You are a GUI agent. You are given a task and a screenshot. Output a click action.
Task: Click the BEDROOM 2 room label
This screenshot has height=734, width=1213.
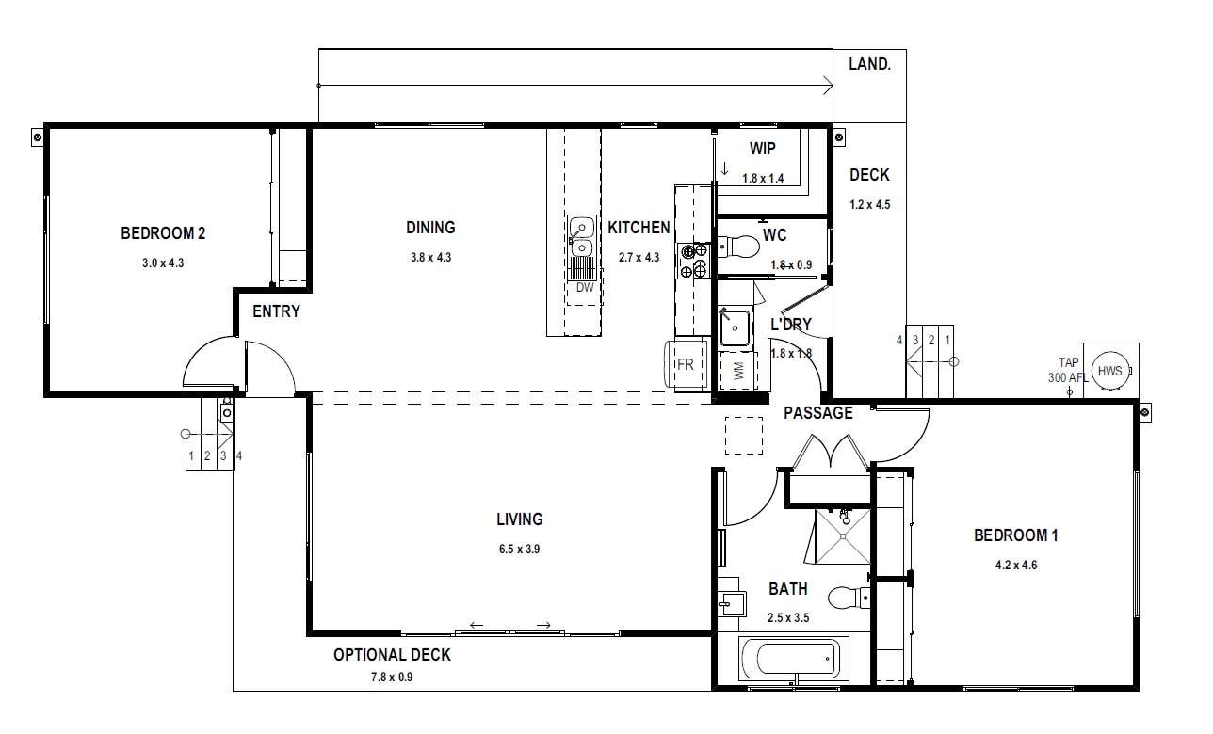click(x=163, y=233)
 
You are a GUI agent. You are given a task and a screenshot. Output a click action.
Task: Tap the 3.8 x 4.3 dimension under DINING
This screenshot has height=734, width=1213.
click(x=430, y=258)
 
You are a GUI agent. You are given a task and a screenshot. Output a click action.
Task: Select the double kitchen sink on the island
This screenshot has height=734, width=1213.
click(x=582, y=238)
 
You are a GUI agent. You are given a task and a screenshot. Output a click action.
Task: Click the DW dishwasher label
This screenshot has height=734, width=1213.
click(x=585, y=288)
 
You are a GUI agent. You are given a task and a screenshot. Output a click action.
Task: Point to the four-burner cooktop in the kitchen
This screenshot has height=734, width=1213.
click(x=694, y=261)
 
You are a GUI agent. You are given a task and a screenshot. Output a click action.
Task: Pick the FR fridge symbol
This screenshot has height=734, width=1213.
click(x=686, y=364)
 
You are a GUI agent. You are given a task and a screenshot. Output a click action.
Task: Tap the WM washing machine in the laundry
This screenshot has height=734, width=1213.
click(x=738, y=371)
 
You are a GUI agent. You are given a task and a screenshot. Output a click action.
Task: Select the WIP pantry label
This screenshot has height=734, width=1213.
click(x=763, y=148)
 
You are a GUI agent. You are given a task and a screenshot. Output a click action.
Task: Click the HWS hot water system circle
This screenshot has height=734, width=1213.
click(x=1109, y=371)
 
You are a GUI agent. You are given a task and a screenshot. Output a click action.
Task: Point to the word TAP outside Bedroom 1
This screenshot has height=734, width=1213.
click(x=1068, y=362)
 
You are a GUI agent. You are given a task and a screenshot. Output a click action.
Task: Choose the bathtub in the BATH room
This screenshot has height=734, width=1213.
click(x=794, y=659)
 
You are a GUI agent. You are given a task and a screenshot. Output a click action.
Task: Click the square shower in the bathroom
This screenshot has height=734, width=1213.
click(x=843, y=536)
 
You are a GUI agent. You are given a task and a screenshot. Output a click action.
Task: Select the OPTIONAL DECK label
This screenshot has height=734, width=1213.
click(x=392, y=655)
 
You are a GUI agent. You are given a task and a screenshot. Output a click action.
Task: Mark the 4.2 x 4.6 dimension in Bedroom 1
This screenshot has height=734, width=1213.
click(x=1016, y=566)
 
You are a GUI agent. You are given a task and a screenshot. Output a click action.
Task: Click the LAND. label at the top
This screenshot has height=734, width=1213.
click(x=869, y=64)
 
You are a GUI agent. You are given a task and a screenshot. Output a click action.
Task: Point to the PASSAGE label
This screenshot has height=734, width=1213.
click(x=818, y=413)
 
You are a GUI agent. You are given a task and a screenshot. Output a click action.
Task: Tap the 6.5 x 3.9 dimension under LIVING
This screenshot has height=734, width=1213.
click(x=519, y=549)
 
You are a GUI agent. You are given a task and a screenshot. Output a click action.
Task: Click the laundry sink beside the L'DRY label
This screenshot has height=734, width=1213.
click(x=735, y=327)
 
